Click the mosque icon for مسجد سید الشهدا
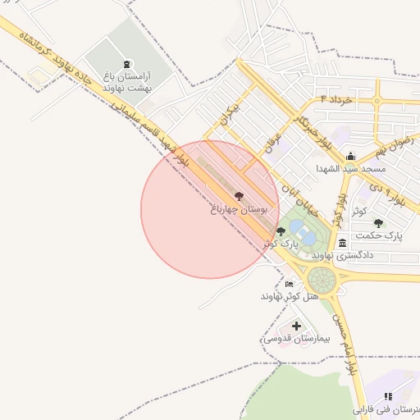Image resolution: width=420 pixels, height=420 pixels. click(351, 156)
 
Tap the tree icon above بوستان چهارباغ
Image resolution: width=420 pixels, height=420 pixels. click(239, 196)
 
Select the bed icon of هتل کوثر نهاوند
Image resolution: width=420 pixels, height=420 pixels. click(288, 284)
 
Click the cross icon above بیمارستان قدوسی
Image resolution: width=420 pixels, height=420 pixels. click(296, 326)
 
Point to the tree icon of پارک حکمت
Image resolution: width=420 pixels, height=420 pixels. click(378, 222)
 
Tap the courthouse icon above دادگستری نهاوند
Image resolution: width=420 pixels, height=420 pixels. click(342, 243)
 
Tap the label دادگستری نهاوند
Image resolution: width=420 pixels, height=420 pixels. click(344, 255)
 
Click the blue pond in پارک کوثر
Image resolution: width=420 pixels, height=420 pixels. click(306, 236)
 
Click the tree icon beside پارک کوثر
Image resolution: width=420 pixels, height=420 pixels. click(281, 231)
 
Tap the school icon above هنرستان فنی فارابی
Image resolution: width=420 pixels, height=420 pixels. click(388, 396)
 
